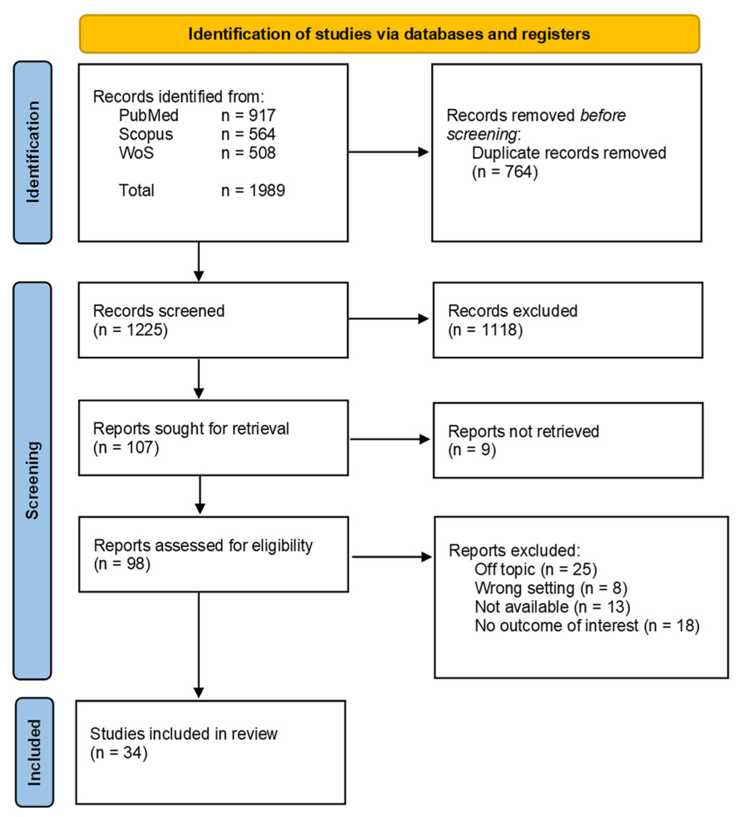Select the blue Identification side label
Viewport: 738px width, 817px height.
[x=32, y=152]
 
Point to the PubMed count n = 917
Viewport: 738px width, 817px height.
[x=248, y=115]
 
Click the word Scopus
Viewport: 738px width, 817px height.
[x=145, y=134]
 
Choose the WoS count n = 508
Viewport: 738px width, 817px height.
[x=248, y=153]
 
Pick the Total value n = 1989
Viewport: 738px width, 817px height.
[x=253, y=190]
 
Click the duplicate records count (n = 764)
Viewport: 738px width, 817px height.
[x=504, y=172]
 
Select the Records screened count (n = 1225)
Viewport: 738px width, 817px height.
[x=130, y=330]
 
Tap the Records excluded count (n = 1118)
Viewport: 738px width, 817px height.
[x=485, y=330]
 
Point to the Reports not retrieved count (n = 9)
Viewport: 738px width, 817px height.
[x=471, y=450]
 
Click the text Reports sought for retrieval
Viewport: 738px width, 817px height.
[x=190, y=429]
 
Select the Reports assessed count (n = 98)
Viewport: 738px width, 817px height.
[x=122, y=564]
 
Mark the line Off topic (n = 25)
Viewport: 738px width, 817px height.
[x=535, y=570]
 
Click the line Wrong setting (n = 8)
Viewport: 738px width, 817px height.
[x=550, y=588]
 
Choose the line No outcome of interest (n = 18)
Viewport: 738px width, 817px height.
[x=586, y=626]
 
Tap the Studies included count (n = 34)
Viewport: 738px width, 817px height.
[x=118, y=753]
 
